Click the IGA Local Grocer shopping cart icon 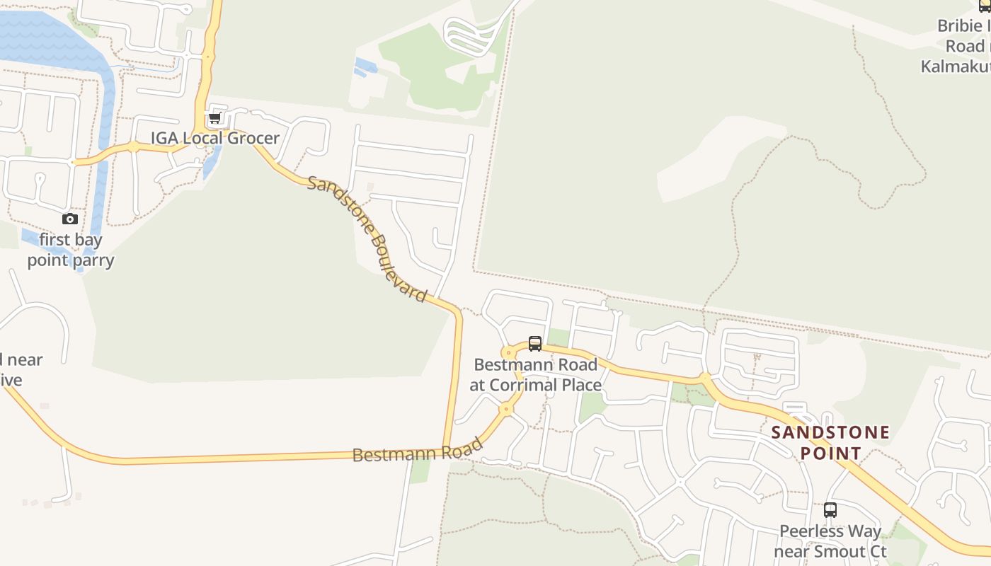[215, 117]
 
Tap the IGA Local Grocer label [214, 138]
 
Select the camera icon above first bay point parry [69, 219]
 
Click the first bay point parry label [70, 250]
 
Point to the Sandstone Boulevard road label [367, 238]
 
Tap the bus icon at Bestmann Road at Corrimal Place [535, 344]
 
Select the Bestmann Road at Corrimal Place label [535, 375]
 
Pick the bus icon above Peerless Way [830, 509]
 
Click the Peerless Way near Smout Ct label [830, 541]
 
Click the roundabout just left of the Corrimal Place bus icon [508, 352]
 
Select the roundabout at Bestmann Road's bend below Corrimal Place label [505, 409]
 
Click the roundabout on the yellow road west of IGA [133, 147]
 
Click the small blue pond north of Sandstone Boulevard [365, 67]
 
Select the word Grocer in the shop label [253, 138]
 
